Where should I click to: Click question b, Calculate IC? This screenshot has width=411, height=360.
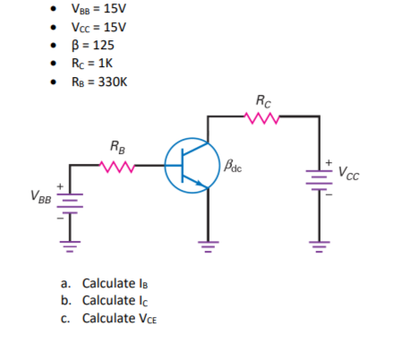pyautogui.click(x=117, y=300)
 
